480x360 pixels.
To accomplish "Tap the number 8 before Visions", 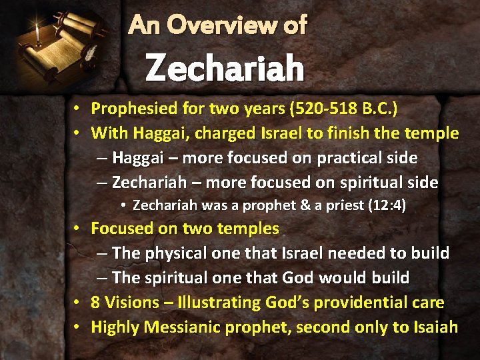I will coord(95,303).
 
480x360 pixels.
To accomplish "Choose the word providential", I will coord(358,303).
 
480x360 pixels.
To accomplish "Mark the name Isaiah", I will coord(435,327).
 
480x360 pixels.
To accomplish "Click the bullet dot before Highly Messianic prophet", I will coord(77,327).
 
